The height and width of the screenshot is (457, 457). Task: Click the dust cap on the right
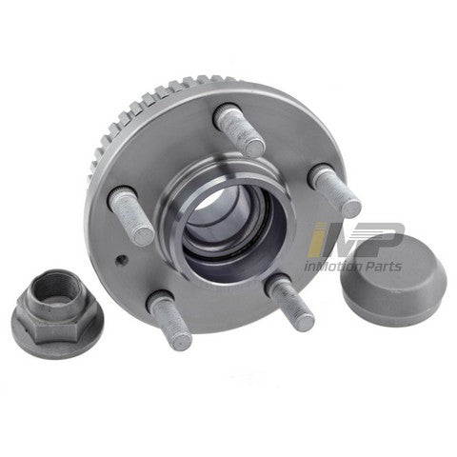click(x=393, y=279)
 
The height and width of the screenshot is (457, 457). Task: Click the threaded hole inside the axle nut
click(x=53, y=288)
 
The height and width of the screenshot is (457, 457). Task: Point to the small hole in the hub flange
click(x=122, y=260)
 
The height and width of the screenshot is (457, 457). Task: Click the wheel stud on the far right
click(x=335, y=190)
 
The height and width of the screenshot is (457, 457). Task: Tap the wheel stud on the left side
click(x=130, y=216)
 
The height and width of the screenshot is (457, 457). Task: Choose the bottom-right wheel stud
click(x=290, y=302)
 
